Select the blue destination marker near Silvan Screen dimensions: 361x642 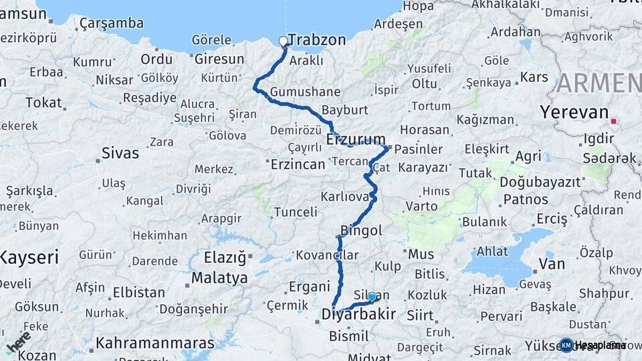(372, 297)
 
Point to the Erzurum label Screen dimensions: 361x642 (356, 140)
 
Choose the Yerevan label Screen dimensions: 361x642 (576, 112)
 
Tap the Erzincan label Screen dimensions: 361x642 (297, 163)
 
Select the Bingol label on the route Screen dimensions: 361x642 (361, 231)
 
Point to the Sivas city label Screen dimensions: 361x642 (120, 153)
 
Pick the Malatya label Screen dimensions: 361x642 (219, 277)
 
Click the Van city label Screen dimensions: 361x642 (552, 264)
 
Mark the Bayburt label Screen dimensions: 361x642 (346, 110)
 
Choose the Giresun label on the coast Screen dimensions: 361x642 (219, 59)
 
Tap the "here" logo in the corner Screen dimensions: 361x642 (17, 342)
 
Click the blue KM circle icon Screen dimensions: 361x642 (566, 345)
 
